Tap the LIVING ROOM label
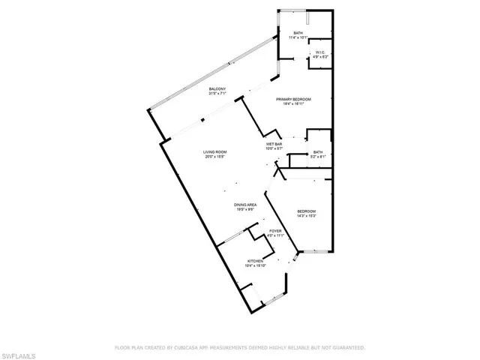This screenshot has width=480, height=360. click(214, 152)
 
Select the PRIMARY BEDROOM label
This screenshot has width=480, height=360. click(293, 99)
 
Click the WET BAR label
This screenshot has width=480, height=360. click(274, 143)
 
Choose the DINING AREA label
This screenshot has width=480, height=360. click(245, 205)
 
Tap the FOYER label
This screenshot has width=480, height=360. click(275, 231)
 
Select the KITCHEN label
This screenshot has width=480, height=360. click(256, 260)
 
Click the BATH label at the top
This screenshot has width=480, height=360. click(298, 32)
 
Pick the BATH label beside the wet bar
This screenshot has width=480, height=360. click(318, 151)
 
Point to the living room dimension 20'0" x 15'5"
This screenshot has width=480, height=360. click(214, 157)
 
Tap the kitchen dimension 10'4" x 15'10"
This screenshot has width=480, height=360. click(256, 265)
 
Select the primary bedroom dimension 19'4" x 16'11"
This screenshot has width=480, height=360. click(293, 104)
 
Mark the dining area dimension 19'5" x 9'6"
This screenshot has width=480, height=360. click(245, 210)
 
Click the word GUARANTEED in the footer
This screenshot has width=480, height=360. click(347, 347)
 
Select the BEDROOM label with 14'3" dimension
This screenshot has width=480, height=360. click(306, 211)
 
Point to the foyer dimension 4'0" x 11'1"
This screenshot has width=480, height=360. click(275, 236)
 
